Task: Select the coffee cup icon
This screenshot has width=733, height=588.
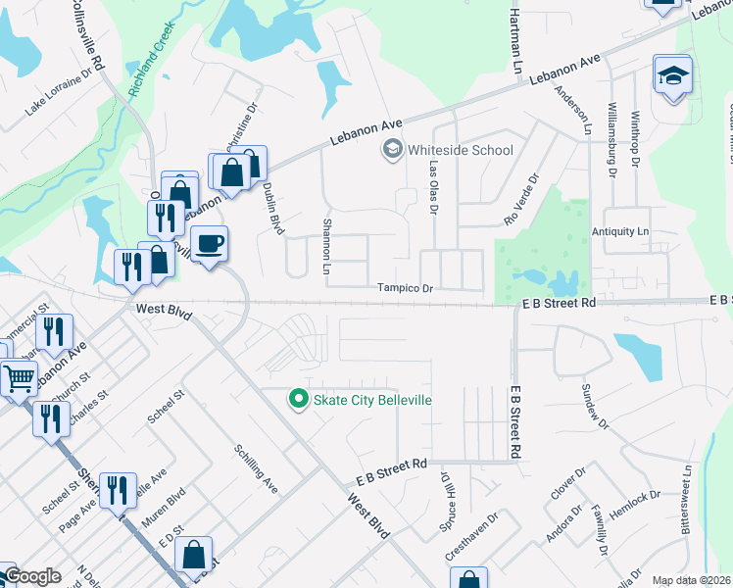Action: pos(208,242)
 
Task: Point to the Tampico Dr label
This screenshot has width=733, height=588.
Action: pos(406,288)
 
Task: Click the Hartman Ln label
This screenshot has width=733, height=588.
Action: pos(514,28)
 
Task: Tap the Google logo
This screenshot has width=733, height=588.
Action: pos(32,577)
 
